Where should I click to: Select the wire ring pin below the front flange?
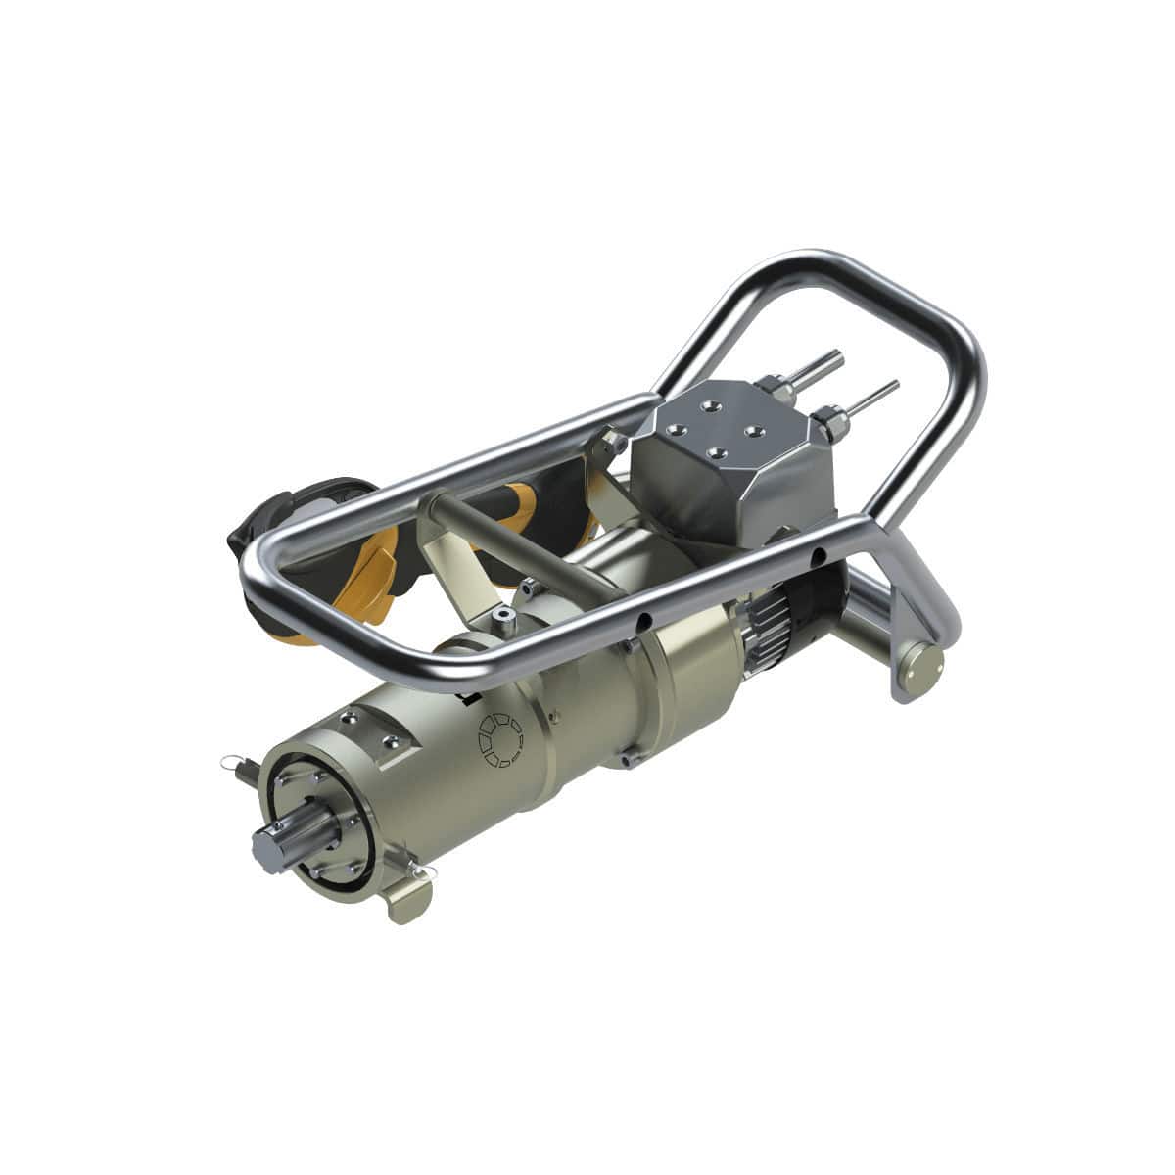(x=418, y=870)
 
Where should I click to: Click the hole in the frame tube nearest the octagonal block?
(x=817, y=558)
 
